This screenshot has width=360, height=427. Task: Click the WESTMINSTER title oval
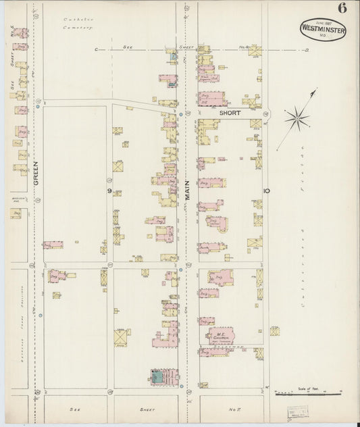(x=322, y=30)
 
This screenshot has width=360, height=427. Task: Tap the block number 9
(x=108, y=192)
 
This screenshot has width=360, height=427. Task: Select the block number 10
(x=267, y=191)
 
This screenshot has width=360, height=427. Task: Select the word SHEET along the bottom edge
(x=147, y=409)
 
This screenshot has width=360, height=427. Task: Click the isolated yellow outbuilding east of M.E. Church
(x=275, y=331)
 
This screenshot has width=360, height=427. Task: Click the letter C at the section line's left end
(x=96, y=50)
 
